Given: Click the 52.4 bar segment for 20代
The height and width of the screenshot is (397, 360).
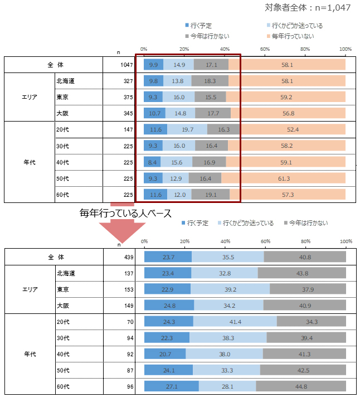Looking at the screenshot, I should click(x=293, y=130).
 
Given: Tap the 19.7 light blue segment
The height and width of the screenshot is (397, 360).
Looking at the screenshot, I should click(x=187, y=130).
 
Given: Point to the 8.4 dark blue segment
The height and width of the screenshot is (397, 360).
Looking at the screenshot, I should click(x=152, y=162).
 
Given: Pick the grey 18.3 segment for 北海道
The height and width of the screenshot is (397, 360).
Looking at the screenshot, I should click(x=210, y=81).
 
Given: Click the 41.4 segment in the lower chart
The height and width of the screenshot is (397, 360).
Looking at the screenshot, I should click(x=235, y=322).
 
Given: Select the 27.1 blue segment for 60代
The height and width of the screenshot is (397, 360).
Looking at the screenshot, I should click(x=172, y=386).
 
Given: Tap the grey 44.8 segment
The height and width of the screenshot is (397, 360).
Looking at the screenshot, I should click(x=301, y=386).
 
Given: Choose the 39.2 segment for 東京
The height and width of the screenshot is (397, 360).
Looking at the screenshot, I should click(x=230, y=289).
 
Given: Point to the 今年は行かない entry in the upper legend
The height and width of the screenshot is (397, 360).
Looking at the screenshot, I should click(x=206, y=36).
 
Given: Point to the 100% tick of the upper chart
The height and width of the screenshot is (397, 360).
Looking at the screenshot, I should click(x=346, y=49).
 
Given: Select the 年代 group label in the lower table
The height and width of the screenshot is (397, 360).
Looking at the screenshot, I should click(x=30, y=354).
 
